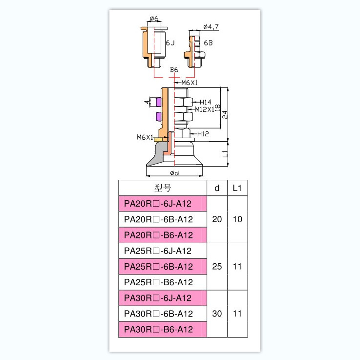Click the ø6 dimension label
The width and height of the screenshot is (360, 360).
tap(154, 19)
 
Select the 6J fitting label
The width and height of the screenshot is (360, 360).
tap(170, 43)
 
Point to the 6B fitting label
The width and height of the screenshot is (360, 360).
tap(208, 43)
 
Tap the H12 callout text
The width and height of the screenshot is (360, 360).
tap(203, 133)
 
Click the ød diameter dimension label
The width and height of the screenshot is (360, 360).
tap(174, 173)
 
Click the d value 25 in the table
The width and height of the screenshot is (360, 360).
tap(217, 267)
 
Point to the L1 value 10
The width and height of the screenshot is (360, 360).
tap(237, 219)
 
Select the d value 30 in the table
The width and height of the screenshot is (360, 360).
tap(217, 314)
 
